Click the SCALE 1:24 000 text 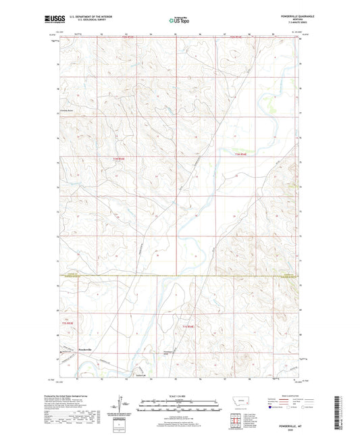tap(179, 395)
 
